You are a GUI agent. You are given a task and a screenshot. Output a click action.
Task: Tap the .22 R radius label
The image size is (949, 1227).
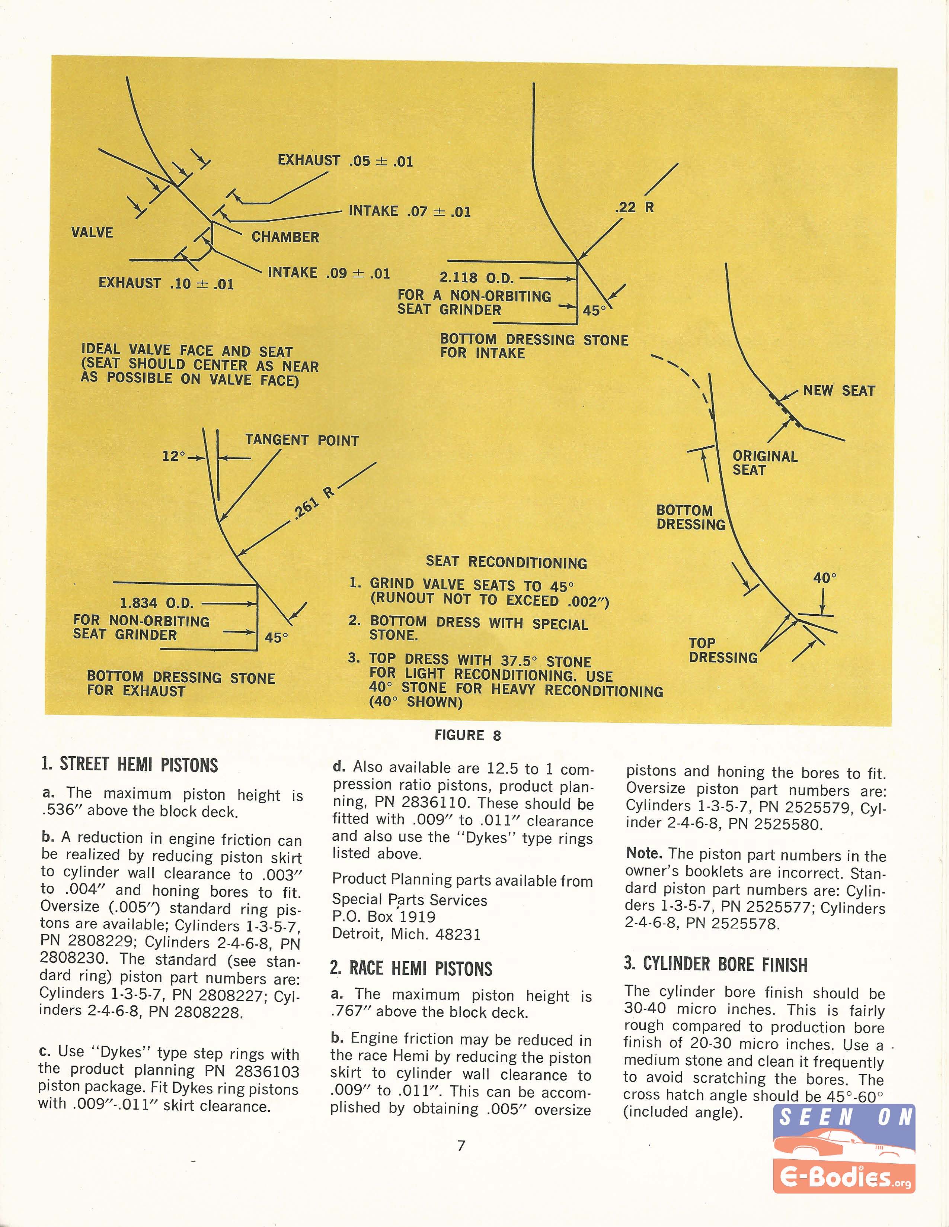pos(634,207)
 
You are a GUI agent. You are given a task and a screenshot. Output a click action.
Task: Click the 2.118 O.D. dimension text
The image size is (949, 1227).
pos(476,277)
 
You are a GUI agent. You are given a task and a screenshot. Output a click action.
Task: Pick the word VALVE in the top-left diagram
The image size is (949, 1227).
pos(92,233)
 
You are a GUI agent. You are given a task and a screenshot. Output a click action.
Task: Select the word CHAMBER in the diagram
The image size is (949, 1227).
pos(285,237)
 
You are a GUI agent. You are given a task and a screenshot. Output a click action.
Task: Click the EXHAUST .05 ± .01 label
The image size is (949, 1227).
pos(345,161)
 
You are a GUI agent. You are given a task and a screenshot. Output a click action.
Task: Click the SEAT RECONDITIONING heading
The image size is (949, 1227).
pos(506,562)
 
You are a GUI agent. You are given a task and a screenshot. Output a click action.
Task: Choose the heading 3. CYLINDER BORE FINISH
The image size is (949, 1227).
pos(715,964)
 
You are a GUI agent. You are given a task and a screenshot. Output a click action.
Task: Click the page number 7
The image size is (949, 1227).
pos(461,1146)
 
